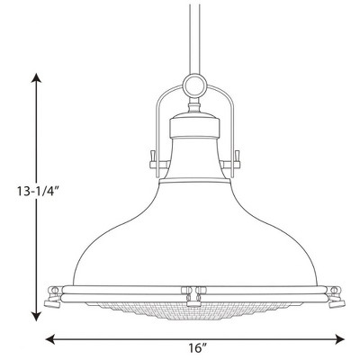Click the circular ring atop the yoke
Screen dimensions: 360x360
point(194,87)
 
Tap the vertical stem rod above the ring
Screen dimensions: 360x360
point(194,36)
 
